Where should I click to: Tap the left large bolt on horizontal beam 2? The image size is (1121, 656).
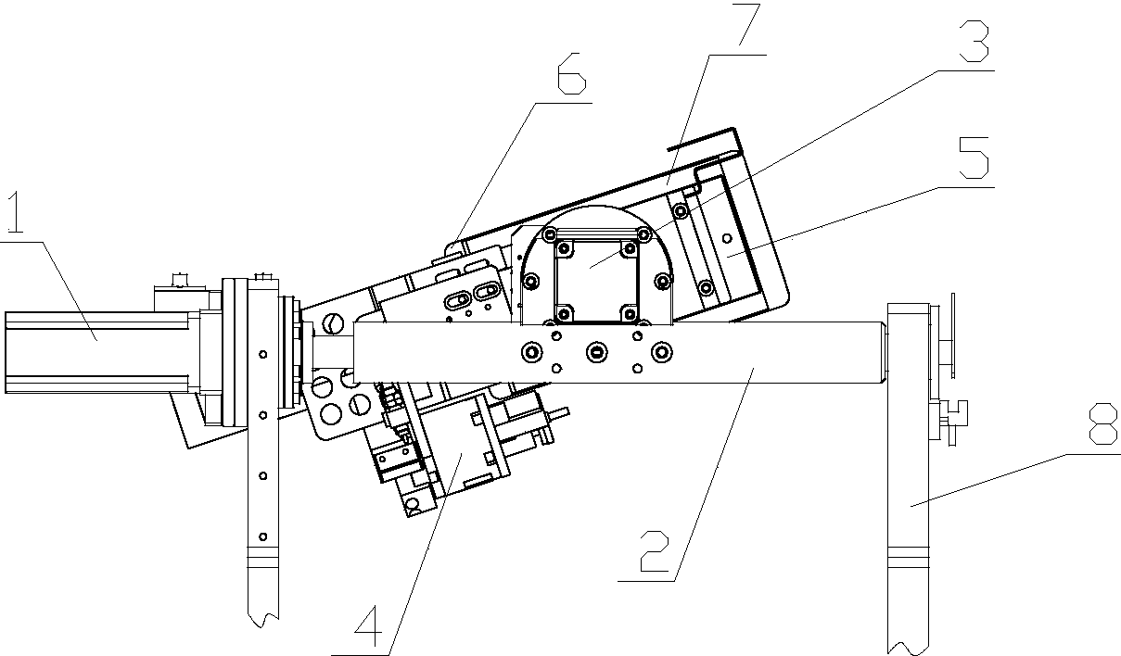pos(532,352)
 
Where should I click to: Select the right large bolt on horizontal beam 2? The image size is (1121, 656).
pos(659,352)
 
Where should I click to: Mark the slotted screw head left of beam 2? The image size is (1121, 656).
pos(333,325)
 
